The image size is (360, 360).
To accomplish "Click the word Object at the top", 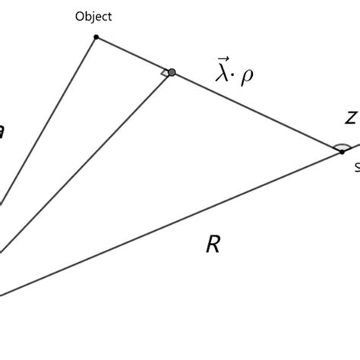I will (93, 17).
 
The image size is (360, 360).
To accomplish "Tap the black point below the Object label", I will (96, 36).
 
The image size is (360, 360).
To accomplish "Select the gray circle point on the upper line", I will (172, 72).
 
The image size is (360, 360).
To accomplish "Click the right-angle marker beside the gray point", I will (163, 73).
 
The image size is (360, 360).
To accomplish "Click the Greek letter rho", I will (248, 77).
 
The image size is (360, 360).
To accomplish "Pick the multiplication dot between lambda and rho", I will (236, 77).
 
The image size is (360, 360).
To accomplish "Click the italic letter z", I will (350, 118).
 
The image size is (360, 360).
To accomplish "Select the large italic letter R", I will (213, 245).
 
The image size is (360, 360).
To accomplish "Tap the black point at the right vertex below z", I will (342, 152).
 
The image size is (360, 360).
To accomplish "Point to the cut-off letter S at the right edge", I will (356, 168).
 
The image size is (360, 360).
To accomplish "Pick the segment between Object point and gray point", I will (134, 55).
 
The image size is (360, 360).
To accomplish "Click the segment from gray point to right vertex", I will (258, 112).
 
